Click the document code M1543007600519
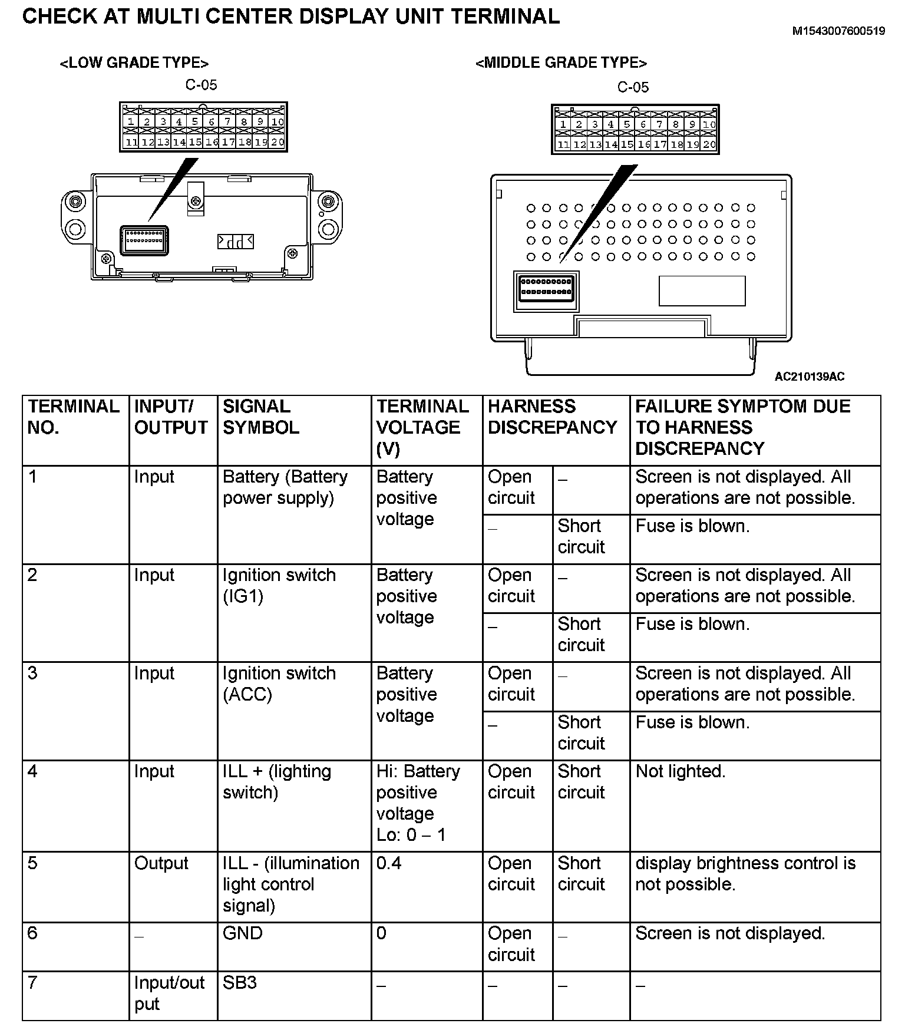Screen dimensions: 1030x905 coord(838,31)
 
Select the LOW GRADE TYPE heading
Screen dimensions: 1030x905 coord(134,63)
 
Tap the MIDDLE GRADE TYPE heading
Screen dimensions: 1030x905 coord(561,63)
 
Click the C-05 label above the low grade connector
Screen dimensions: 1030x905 coord(201,85)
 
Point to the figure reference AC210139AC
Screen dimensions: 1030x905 coord(809,377)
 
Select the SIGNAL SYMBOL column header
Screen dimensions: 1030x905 coord(260,417)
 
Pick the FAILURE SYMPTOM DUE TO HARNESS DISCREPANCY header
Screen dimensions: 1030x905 coord(742,427)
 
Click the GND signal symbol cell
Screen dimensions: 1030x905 coord(242,933)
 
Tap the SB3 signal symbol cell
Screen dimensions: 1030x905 coord(239,983)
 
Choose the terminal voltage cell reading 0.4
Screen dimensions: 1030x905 coord(389,863)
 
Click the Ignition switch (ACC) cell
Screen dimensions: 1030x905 coord(279,684)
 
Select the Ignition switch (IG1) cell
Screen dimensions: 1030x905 coord(279,585)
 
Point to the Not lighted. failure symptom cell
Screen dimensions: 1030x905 coord(680,771)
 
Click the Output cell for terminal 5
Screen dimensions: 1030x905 coord(161,863)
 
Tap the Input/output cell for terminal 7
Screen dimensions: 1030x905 coord(169,993)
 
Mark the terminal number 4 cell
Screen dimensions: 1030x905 coord(33,771)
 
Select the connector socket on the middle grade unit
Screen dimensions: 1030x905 coord(546,291)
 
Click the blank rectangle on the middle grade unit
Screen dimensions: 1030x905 coord(702,291)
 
